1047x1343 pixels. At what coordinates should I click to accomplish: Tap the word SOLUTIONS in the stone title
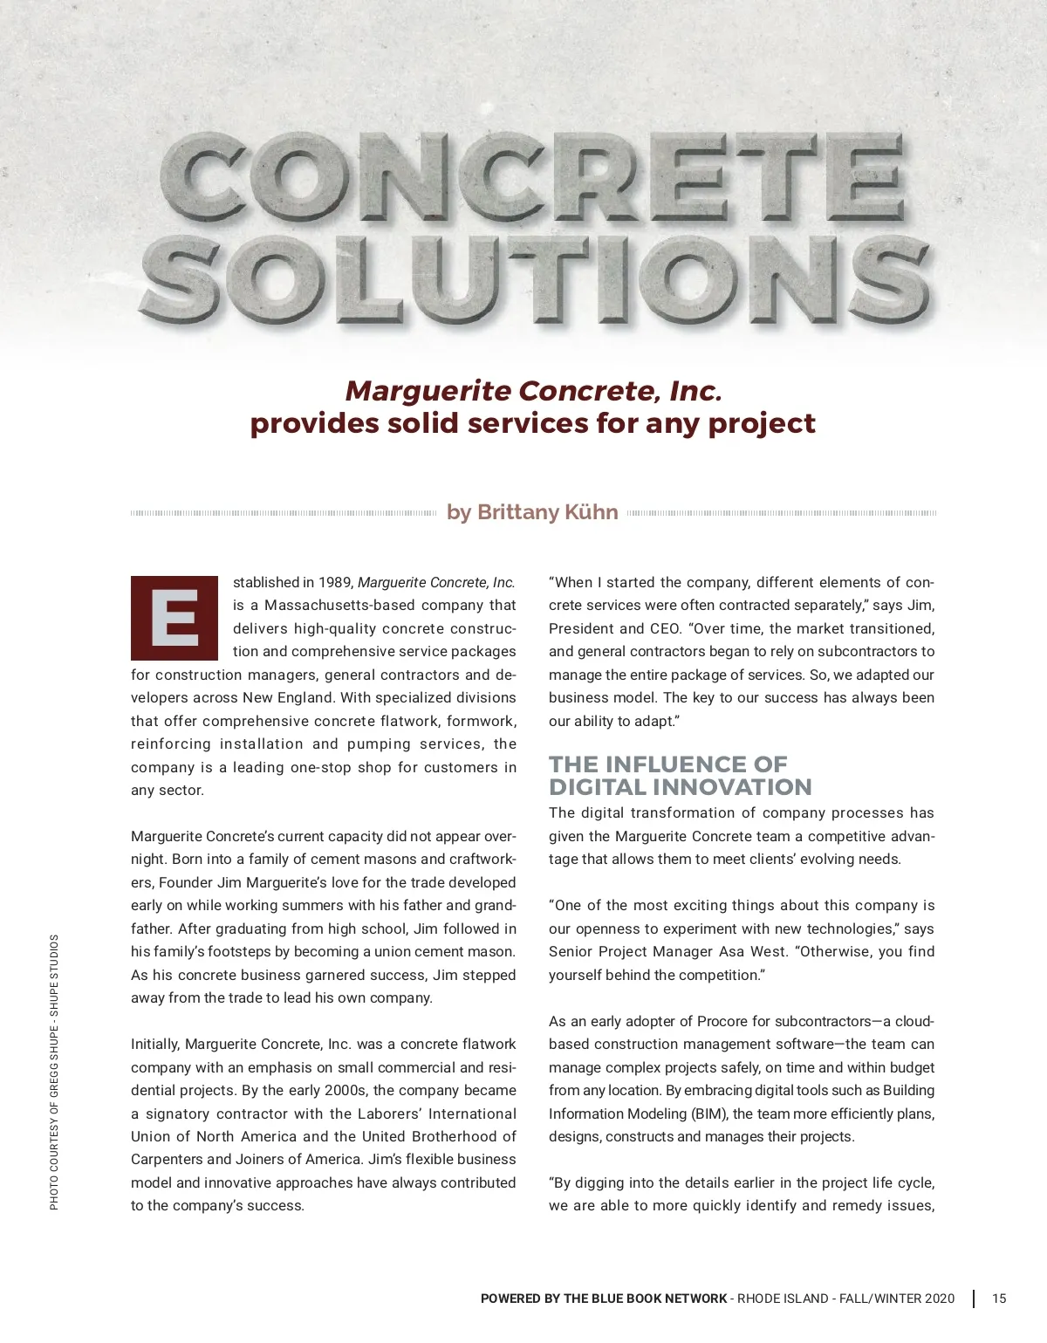tap(534, 278)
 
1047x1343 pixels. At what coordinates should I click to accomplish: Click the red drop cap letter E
tap(174, 618)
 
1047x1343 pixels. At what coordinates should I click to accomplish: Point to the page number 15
tap(999, 1298)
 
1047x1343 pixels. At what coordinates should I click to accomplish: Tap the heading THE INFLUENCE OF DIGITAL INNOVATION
tap(680, 776)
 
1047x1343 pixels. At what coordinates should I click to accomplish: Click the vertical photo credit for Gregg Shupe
tap(54, 1072)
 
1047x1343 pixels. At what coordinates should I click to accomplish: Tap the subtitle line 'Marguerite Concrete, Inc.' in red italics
tap(533, 390)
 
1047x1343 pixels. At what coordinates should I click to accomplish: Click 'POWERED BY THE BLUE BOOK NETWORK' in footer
tap(603, 1298)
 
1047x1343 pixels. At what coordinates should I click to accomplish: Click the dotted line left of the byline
tap(283, 513)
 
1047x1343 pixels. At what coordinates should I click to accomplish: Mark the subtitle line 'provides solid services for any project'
tap(533, 423)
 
